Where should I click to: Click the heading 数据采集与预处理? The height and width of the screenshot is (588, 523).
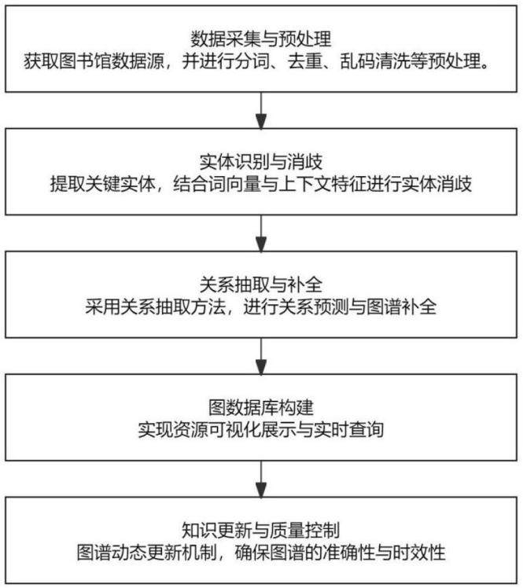tap(261, 39)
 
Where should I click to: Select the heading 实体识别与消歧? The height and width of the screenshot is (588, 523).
tap(261, 162)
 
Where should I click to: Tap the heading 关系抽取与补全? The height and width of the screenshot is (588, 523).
tap(261, 285)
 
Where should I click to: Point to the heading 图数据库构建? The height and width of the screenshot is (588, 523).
tap(261, 408)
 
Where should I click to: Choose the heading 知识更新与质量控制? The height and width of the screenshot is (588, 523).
tap(261, 531)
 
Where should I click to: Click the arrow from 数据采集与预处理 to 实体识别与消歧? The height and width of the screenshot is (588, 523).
tap(261, 110)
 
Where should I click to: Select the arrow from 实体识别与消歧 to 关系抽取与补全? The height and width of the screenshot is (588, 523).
tap(261, 233)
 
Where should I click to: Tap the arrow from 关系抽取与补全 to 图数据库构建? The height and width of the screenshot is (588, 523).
tap(261, 356)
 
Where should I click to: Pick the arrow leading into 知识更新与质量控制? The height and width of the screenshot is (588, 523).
tap(261, 480)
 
